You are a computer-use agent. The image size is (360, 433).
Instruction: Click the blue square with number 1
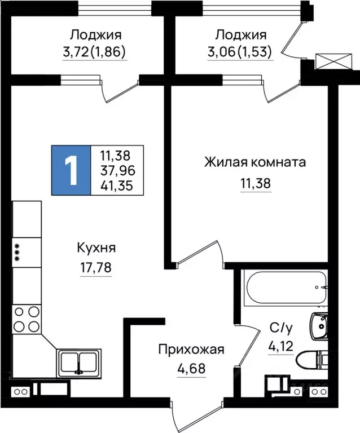tap(71, 170)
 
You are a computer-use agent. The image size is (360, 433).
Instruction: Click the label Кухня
tap(96, 248)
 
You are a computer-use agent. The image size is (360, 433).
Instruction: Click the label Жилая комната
tap(254, 163)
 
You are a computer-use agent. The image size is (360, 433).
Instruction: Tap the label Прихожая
tap(191, 350)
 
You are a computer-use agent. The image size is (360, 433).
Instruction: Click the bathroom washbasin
tap(319, 325)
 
